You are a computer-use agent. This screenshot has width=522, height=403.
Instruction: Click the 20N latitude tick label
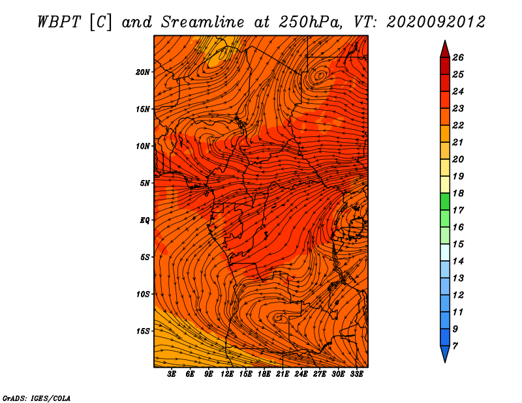coord(142,72)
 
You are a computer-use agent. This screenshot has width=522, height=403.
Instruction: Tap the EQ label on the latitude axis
coord(144,220)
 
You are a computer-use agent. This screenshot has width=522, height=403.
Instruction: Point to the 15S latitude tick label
coord(142,331)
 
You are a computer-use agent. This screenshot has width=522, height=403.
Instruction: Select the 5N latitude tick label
coord(144,183)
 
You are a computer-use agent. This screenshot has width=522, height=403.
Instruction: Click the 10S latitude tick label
coord(142,295)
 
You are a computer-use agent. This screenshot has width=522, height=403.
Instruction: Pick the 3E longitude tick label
coord(172,374)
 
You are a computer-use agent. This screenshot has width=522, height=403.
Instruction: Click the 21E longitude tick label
coord(283,374)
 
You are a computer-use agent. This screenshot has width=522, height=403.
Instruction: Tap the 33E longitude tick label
coord(356,374)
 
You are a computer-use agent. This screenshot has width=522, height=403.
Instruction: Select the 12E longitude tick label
coord(227,374)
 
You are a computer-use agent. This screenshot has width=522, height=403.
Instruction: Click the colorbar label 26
coord(458,57)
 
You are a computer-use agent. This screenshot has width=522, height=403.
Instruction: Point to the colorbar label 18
coord(458,193)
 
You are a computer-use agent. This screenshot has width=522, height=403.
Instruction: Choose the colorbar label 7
coord(455,346)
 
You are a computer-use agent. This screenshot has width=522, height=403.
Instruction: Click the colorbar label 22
coord(458,125)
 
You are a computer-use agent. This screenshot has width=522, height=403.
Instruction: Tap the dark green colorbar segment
coord(445,201)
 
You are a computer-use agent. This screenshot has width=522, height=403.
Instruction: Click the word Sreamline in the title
coord(202,22)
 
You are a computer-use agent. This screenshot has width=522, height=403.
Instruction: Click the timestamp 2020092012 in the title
coord(436,22)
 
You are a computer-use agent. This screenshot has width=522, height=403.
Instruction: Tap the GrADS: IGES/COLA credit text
coord(37,398)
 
